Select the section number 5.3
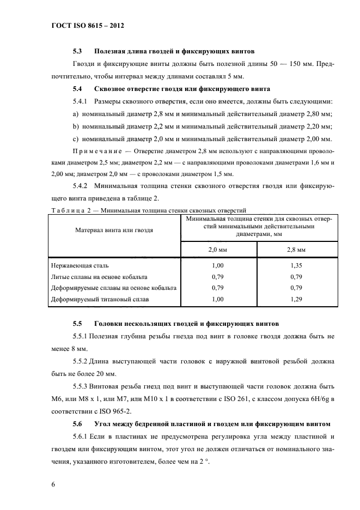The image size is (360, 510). (77, 52)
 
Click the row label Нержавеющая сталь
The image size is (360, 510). (80, 265)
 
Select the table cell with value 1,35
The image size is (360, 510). (296, 265)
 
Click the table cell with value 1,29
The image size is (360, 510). (296, 299)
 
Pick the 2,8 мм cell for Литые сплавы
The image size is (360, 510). (296, 277)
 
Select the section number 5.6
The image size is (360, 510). (77, 423)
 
